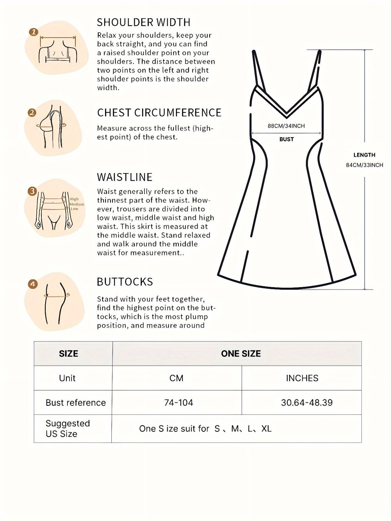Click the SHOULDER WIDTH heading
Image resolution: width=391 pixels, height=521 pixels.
coord(144,22)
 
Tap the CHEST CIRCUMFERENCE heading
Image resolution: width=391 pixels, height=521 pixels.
coord(159,113)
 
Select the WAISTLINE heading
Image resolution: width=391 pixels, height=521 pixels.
coord(125,177)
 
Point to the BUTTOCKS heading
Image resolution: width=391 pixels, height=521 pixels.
coord(125,282)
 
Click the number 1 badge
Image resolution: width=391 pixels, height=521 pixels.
coord(34,32)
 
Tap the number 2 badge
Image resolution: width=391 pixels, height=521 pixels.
coord(32,113)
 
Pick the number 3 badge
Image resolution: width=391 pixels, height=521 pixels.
coord(32,191)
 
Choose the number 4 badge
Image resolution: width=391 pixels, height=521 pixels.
coord(33,284)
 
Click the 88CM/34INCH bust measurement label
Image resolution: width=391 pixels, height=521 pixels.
coord(286,126)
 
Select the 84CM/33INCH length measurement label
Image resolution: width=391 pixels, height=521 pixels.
coord(364,165)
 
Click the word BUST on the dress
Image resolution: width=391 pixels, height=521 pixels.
coord(287,140)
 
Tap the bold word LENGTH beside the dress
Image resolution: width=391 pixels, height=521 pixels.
coord(364,155)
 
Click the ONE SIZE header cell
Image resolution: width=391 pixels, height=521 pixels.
coord(241,354)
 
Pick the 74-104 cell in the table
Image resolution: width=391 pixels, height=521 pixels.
coord(179,403)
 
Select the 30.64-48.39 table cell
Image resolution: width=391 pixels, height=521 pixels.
coord(307,403)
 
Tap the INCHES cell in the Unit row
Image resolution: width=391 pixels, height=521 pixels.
coord(302,378)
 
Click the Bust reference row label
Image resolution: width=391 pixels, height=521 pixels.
coord(76,403)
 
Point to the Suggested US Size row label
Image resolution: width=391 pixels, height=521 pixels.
coord(68,428)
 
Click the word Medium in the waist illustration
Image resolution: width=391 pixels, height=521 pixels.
coord(77,204)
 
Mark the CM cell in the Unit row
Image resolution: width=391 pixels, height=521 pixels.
coord(177,378)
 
